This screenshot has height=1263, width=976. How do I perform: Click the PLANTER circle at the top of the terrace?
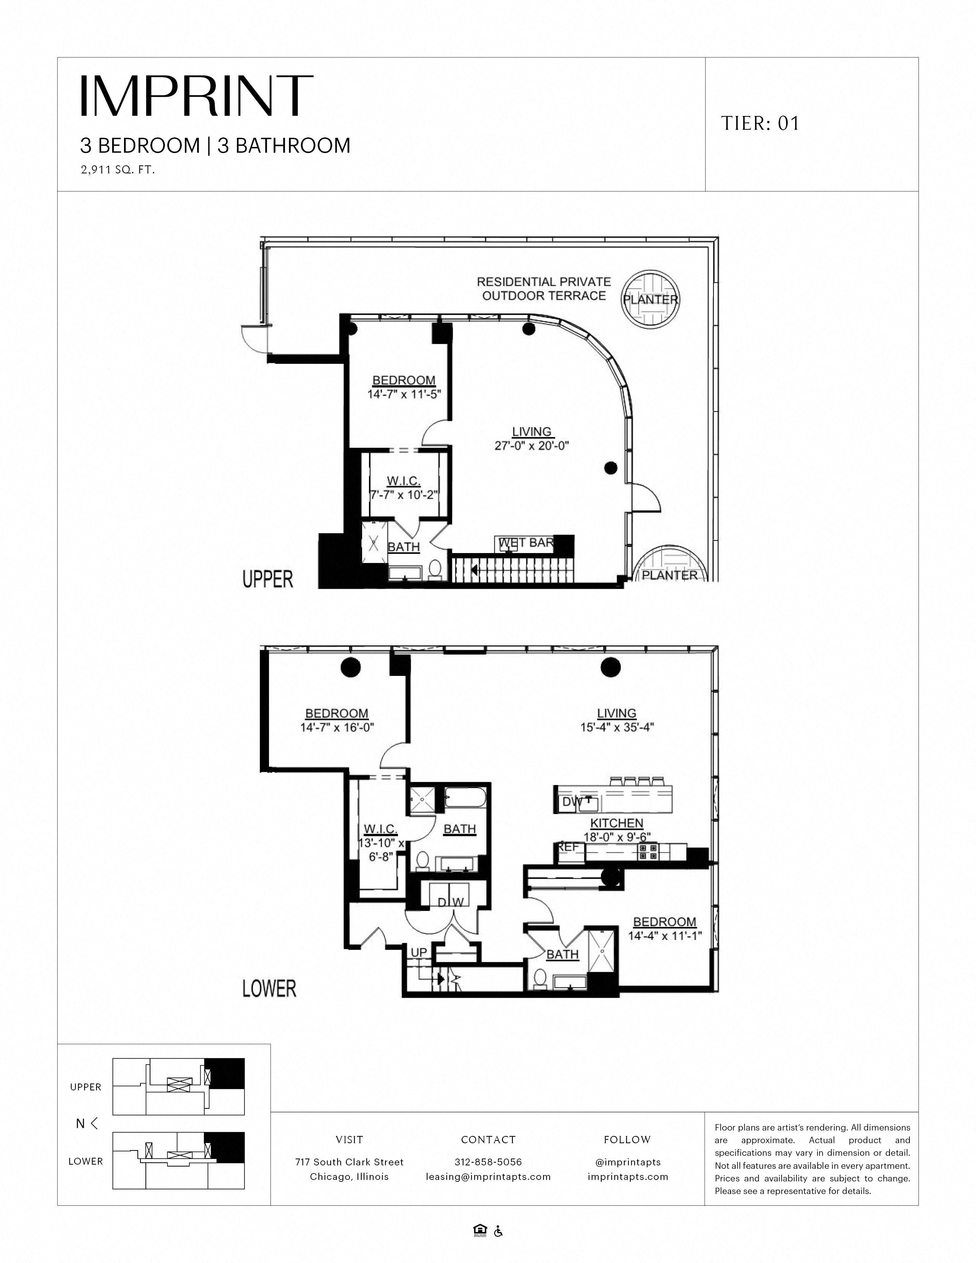pyautogui.click(x=650, y=300)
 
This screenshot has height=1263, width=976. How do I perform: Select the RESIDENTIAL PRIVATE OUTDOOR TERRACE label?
pyautogui.click(x=543, y=289)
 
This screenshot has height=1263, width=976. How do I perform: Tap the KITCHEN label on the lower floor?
pyautogui.click(x=616, y=823)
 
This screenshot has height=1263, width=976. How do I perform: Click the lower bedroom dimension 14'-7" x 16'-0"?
pyautogui.click(x=337, y=728)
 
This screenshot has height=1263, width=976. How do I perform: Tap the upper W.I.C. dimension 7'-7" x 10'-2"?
pyautogui.click(x=403, y=495)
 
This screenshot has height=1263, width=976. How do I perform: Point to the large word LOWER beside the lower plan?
pyautogui.click(x=269, y=988)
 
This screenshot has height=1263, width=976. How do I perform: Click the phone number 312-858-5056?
pyautogui.click(x=488, y=1162)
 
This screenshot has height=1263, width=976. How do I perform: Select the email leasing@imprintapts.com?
pyautogui.click(x=488, y=1176)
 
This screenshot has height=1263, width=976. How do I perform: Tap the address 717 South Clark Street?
pyautogui.click(x=349, y=1162)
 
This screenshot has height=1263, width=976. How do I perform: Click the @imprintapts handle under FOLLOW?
pyautogui.click(x=627, y=1162)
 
